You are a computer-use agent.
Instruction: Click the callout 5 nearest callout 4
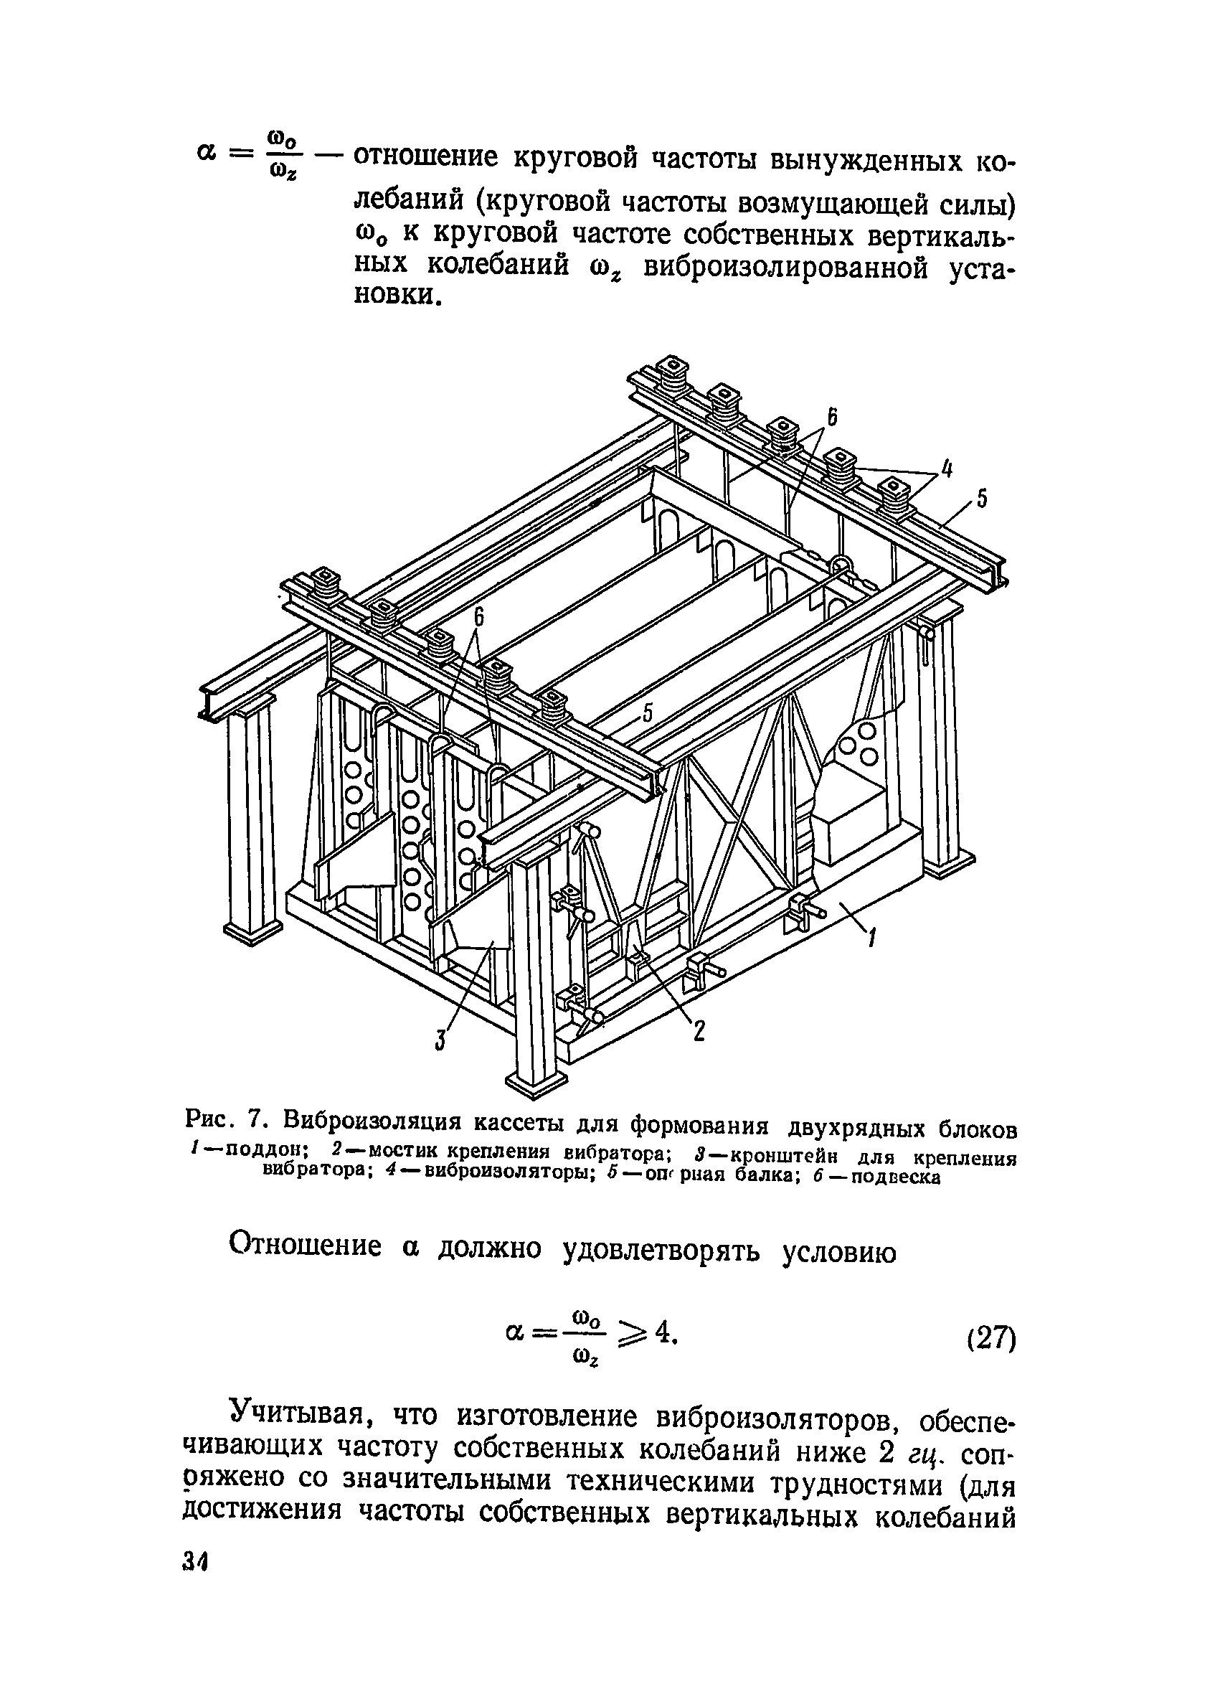pyautogui.click(x=983, y=498)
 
